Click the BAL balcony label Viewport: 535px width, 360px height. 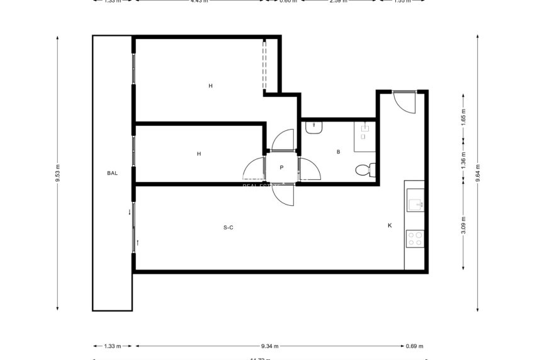tap(112, 172)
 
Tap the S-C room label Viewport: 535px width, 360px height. tap(228, 227)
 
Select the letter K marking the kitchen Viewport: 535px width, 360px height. tap(390, 225)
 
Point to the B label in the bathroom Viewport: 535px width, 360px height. tap(339, 152)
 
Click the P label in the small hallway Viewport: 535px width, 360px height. tap(282, 167)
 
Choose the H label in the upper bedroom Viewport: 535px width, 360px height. tap(211, 86)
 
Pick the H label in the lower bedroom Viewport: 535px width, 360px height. tap(199, 154)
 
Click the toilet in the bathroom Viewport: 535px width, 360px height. tap(364, 169)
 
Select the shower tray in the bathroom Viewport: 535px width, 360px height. tap(364, 135)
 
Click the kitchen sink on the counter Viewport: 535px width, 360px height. tap(415, 204)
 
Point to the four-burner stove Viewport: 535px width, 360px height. tap(415, 239)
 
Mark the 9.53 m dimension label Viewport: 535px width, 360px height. tap(58, 172)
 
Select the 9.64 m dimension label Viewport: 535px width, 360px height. tap(478, 172)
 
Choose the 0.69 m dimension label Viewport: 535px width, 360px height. tap(415, 346)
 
